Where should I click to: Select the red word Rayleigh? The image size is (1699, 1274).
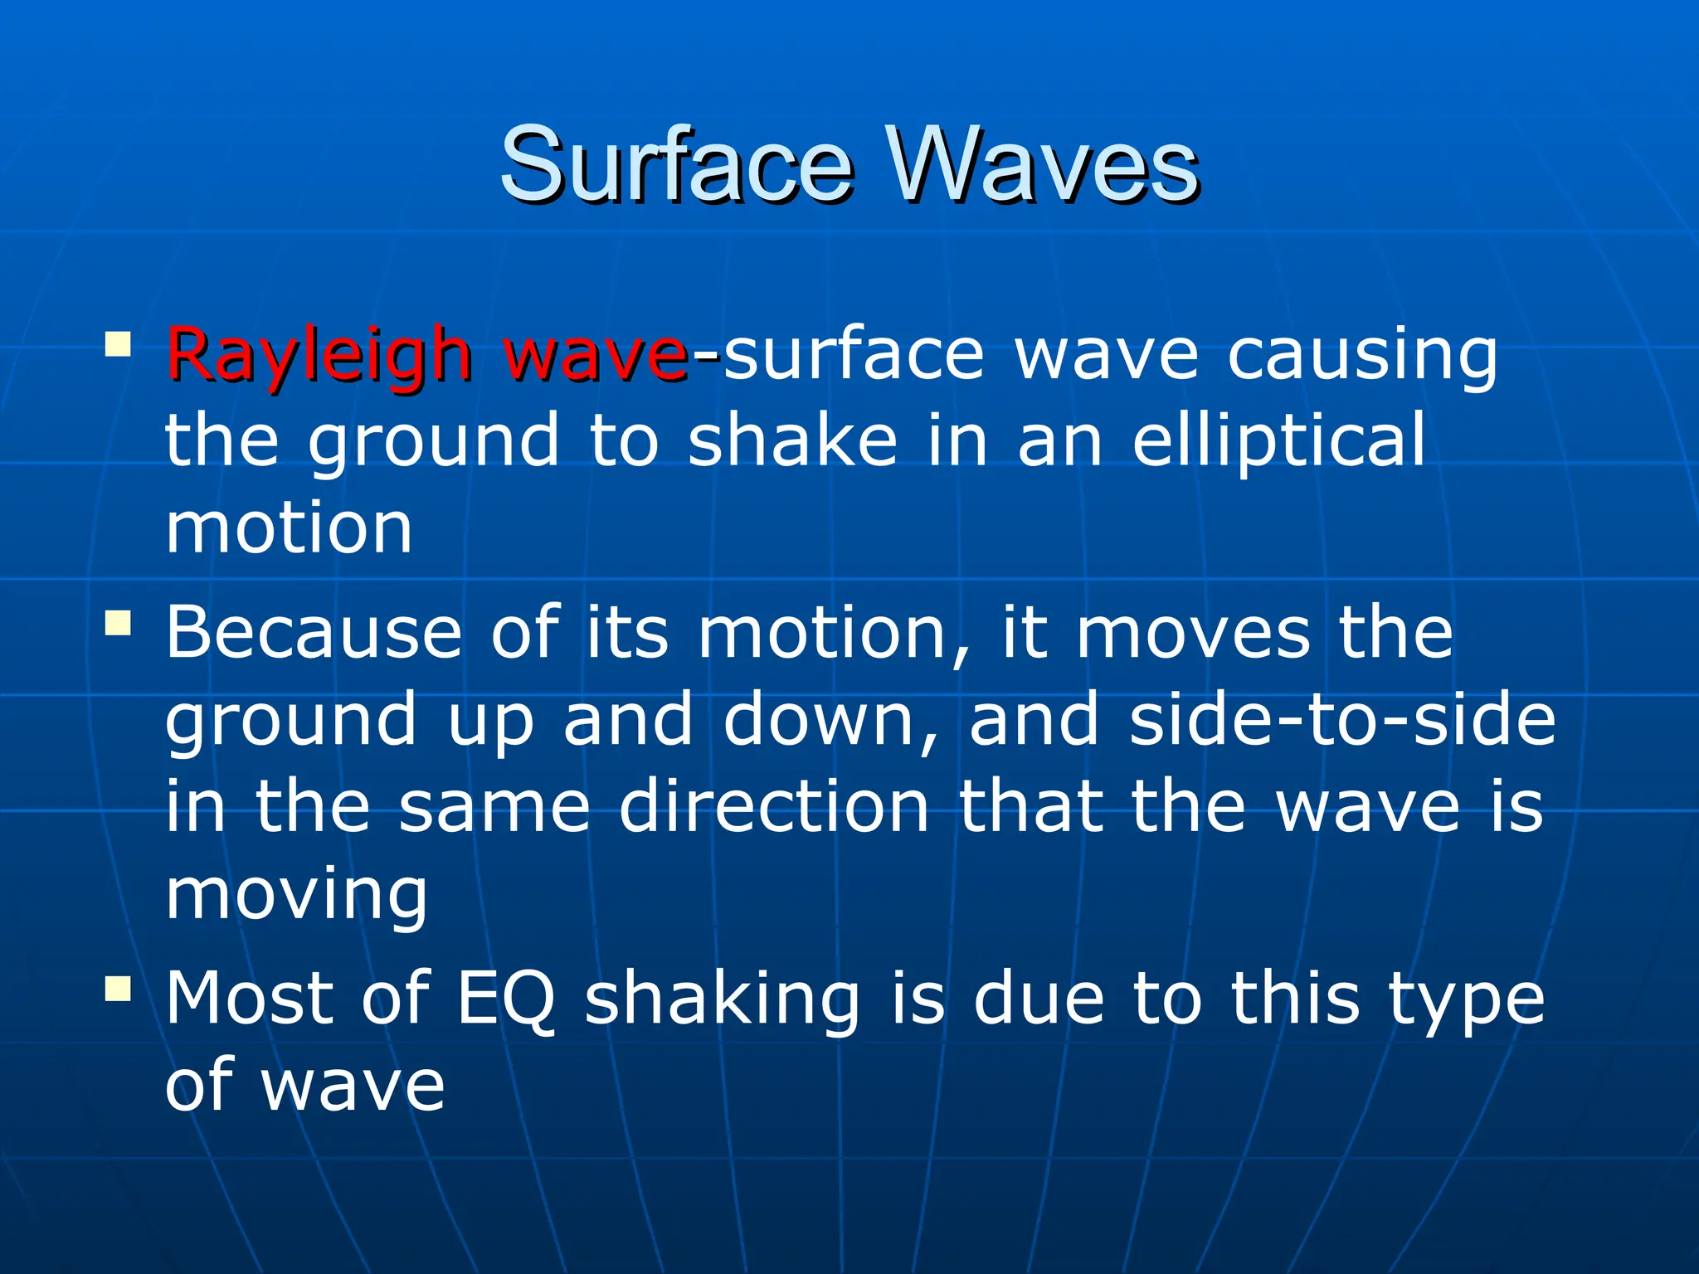pyautogui.click(x=319, y=355)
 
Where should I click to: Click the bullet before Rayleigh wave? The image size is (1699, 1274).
pyautogui.click(x=118, y=343)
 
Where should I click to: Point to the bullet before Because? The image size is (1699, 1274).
pyautogui.click(x=118, y=622)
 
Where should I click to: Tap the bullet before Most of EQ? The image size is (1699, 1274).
pyautogui.click(x=118, y=987)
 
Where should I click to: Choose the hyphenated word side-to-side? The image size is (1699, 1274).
pyautogui.click(x=1341, y=719)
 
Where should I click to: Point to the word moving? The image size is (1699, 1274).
pyautogui.click(x=296, y=896)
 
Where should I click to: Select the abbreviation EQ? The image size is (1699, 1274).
pyautogui.click(x=506, y=999)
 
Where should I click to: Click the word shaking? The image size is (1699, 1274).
pyautogui.click(x=722, y=999)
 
